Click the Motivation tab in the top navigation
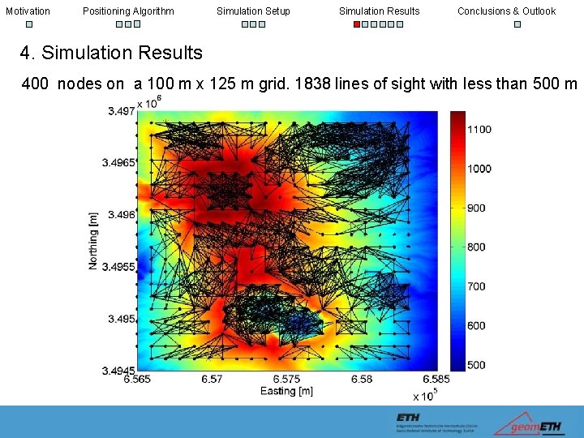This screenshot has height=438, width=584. coord(28,11)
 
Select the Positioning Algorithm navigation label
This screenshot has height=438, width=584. coord(128,11)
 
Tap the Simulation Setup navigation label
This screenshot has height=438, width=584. coord(253,11)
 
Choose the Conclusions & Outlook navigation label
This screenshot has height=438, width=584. coord(506,11)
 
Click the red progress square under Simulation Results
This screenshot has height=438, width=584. coord(357,24)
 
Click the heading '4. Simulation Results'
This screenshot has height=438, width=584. coord(111,54)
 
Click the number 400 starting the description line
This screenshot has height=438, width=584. coord(36,84)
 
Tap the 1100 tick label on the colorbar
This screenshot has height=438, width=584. coord(479,129)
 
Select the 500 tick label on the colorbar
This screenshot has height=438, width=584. coord(476,365)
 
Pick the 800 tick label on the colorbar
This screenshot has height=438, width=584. coord(476,247)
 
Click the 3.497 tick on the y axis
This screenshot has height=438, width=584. coord(121,111)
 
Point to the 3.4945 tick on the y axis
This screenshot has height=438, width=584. coord(118,371)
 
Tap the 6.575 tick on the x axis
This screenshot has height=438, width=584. coord(286,379)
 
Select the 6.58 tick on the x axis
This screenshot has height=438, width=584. coord(362,379)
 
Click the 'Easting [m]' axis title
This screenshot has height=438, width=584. coord(286,391)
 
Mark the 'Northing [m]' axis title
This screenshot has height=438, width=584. coord(93,241)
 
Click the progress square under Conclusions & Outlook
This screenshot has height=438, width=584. coord(517,24)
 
